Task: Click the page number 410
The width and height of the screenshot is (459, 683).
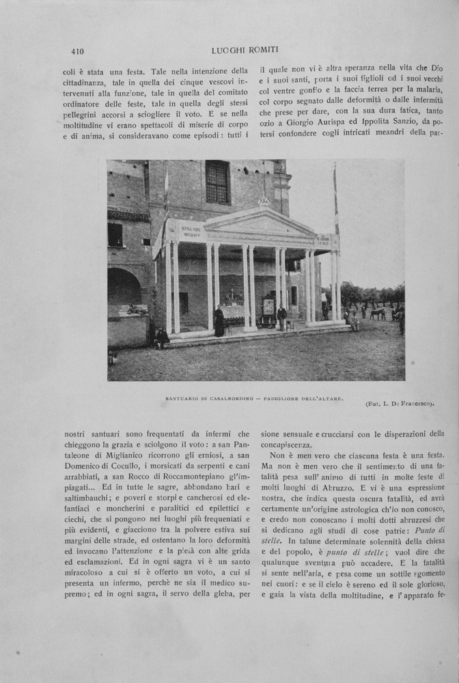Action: click(77, 51)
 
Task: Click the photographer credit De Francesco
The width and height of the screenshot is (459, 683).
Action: click(413, 404)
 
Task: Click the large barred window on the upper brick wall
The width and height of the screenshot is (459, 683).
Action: click(218, 182)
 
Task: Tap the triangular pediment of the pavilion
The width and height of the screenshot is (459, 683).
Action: click(260, 223)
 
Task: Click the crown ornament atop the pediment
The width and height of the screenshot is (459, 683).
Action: click(263, 201)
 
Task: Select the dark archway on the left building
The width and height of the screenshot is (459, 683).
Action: click(123, 287)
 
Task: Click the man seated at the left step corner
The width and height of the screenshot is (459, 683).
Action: click(161, 337)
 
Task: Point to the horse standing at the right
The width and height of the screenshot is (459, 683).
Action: click(378, 313)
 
